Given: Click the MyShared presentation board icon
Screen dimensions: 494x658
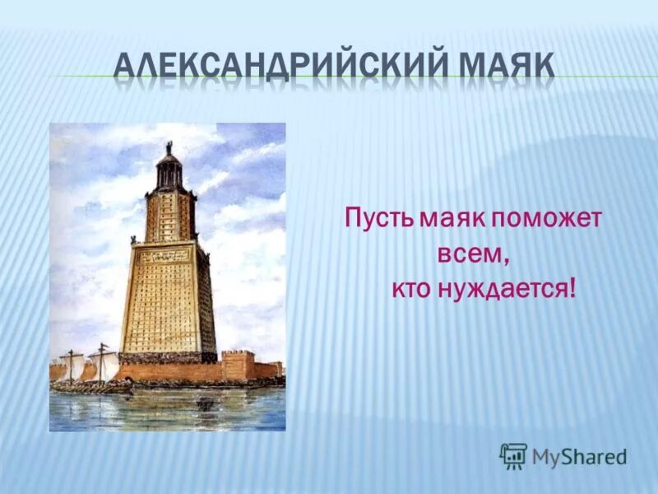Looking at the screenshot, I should [x=513, y=456].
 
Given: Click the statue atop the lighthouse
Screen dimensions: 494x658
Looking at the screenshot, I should [x=168, y=147].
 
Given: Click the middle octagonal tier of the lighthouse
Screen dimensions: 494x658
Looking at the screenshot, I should [x=169, y=216].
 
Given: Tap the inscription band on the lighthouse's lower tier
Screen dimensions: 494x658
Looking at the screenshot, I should [x=167, y=256].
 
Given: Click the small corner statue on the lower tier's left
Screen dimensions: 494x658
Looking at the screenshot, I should [x=132, y=240].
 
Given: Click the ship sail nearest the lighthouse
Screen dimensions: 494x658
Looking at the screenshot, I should [x=104, y=363].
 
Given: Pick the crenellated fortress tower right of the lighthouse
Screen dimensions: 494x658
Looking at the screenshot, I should [x=238, y=366].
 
